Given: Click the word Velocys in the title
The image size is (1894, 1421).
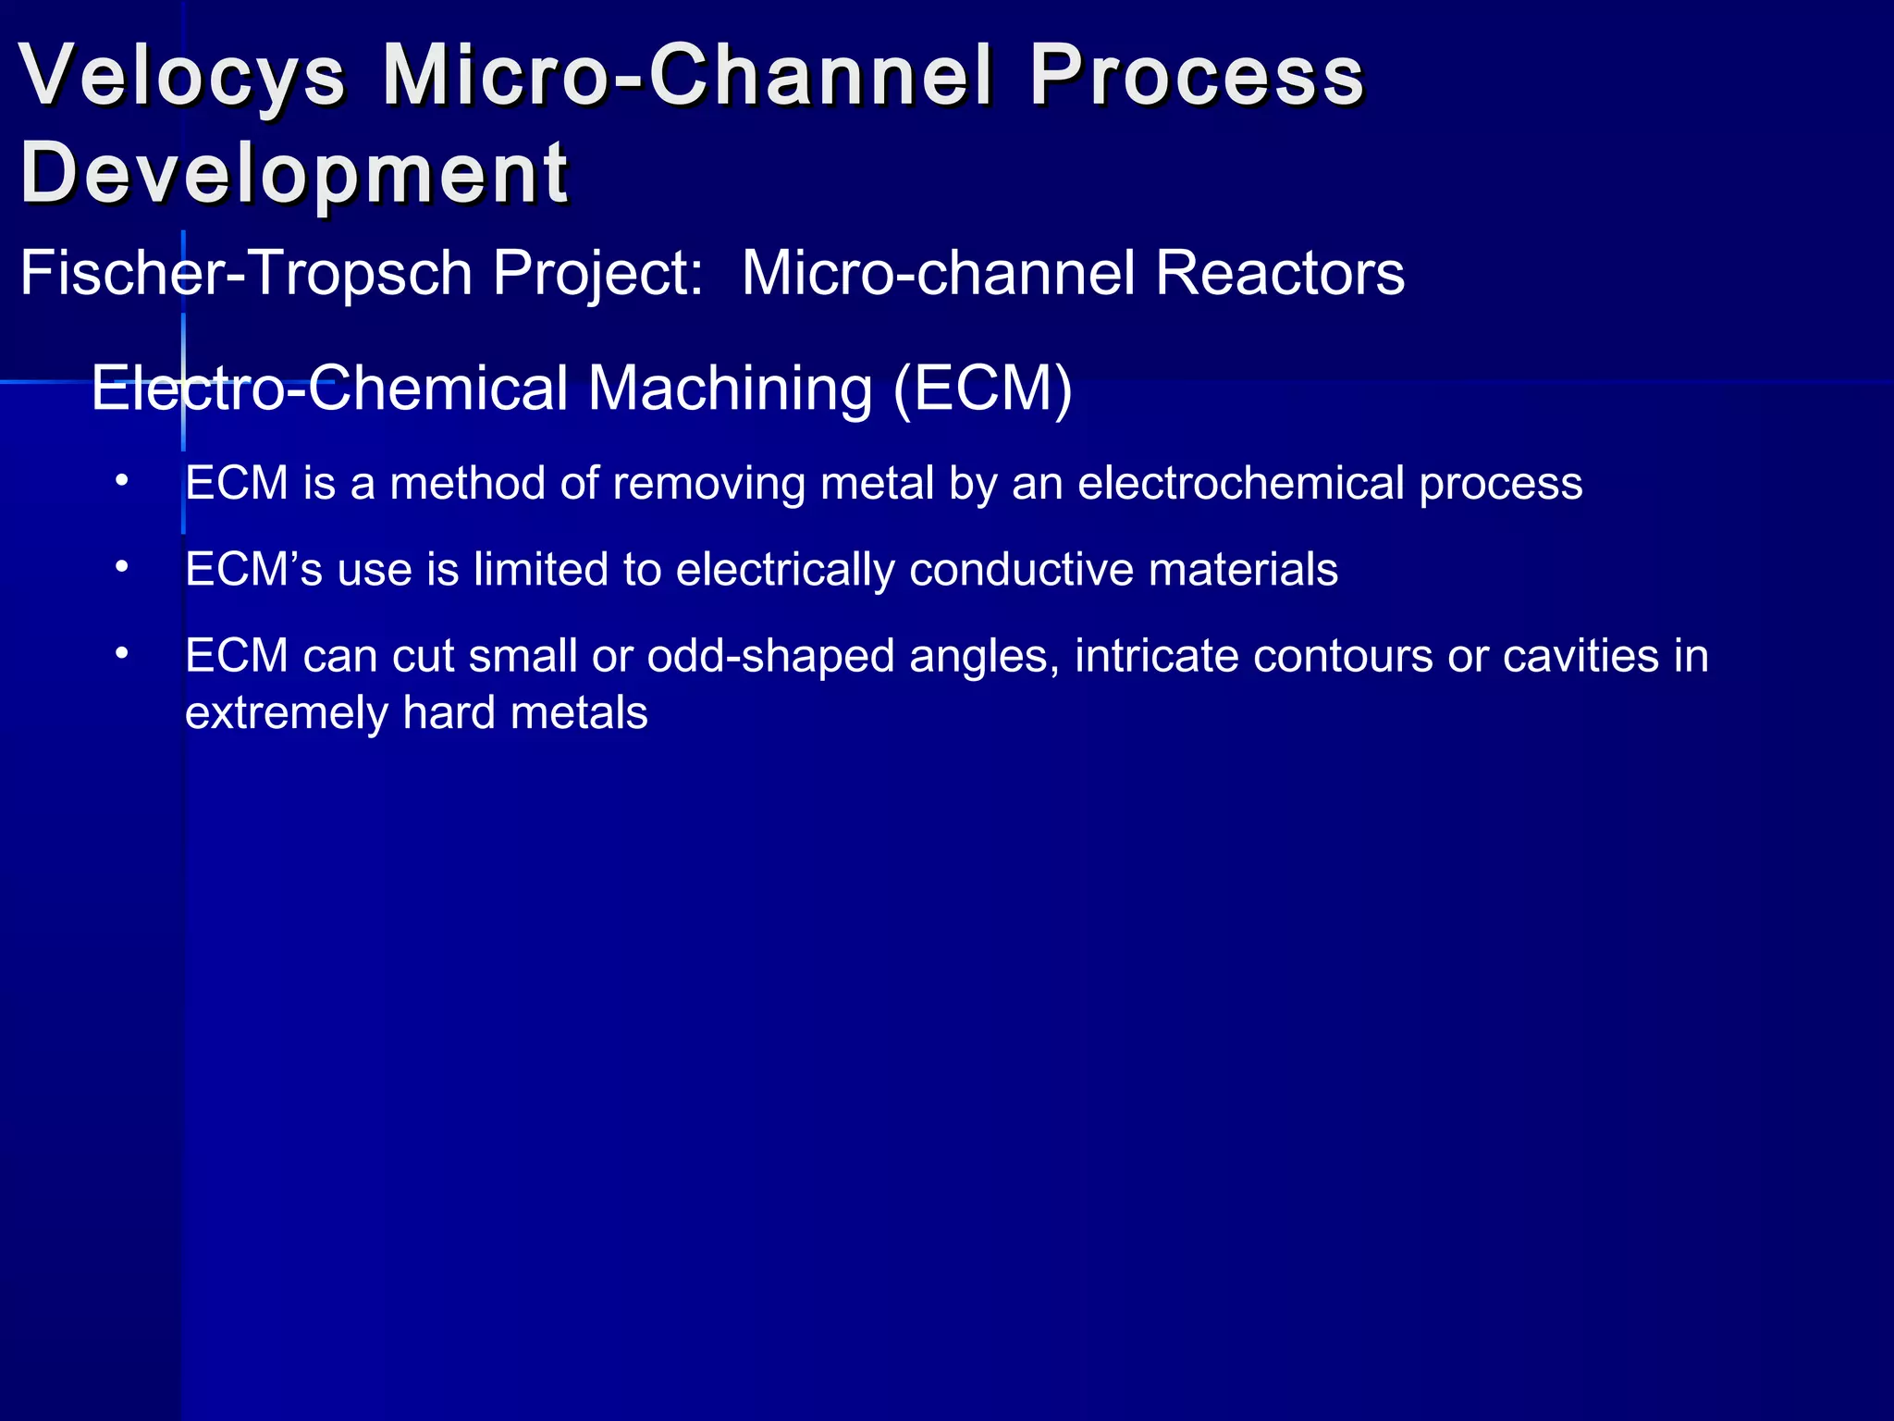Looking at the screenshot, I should point(182,76).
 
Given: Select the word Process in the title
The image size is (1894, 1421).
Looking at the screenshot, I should point(1197,76).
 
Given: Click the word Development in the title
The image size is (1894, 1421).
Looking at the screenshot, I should point(294,173).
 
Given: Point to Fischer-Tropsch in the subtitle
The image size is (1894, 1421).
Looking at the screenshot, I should point(246,274).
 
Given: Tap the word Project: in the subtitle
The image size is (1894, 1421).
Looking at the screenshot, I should point(597,274).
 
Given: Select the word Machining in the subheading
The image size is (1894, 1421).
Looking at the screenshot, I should point(730,388).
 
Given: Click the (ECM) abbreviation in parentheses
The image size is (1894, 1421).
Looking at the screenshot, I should point(982,388).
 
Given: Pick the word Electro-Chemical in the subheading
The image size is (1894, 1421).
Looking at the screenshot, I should point(329,388).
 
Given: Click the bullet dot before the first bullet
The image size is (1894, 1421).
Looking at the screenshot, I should point(121,481).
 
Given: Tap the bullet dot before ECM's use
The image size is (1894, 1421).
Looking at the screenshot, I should point(121,567).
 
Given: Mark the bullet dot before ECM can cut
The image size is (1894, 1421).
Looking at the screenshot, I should point(121,653).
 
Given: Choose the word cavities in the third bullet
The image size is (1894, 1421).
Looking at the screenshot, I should point(1580,656).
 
